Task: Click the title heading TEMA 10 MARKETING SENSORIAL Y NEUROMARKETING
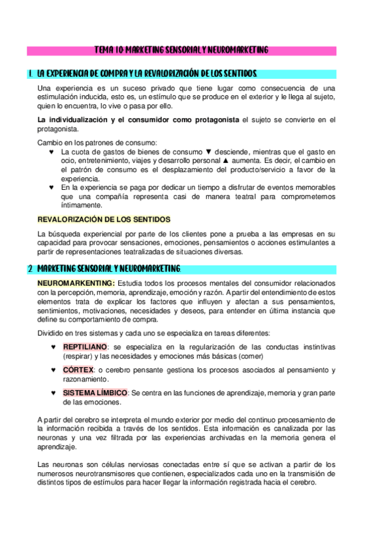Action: (x=181, y=50)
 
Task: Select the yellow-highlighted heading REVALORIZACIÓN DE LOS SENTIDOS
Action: (x=104, y=219)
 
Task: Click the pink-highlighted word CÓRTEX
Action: (x=78, y=370)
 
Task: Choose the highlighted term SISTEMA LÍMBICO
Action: (x=95, y=393)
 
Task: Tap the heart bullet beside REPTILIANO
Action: (x=53, y=347)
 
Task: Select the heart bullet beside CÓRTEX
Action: (x=53, y=370)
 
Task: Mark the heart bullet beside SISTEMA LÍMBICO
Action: (x=53, y=394)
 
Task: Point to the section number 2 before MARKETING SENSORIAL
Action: (x=30, y=268)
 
